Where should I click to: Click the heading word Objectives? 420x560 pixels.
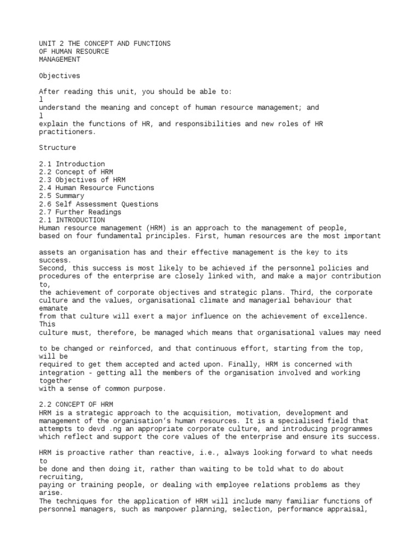[x=60, y=75]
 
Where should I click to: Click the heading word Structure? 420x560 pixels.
[x=58, y=148]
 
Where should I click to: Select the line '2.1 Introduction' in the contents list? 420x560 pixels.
[x=72, y=164]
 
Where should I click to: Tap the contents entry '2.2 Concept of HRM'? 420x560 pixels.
[x=77, y=172]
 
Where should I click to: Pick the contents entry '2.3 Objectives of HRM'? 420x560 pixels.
[x=83, y=180]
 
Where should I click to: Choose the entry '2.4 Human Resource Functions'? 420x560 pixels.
[x=97, y=188]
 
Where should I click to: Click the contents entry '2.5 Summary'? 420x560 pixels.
[x=62, y=196]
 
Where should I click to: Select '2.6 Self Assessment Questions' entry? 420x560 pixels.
[x=99, y=204]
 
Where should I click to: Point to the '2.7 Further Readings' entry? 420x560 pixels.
[x=80, y=212]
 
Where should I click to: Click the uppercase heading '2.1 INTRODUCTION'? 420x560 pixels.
[x=72, y=220]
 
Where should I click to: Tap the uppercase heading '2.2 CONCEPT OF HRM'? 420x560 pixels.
[x=77, y=404]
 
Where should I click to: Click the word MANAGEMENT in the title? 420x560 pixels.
[x=60, y=59]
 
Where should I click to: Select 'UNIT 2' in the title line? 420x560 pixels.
[x=52, y=43]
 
